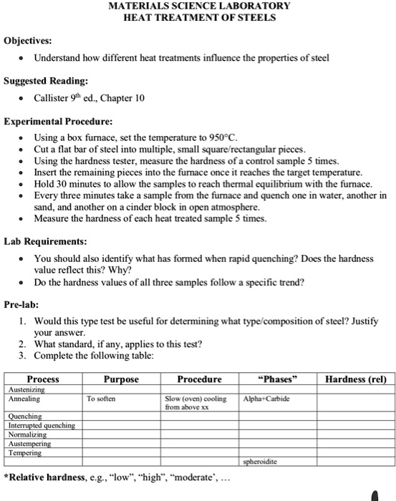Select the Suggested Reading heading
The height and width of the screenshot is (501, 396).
47,81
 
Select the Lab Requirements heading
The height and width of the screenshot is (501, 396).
46,241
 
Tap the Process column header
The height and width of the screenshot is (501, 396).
43,379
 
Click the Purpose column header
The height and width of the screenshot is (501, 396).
121,379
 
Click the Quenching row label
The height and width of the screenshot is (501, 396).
25,417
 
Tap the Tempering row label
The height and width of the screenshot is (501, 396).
25,453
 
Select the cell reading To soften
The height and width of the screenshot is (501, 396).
102,399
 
